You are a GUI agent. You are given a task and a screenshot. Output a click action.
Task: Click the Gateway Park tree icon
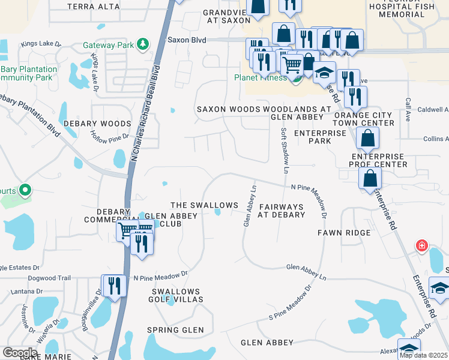pyautogui.click(x=142, y=44)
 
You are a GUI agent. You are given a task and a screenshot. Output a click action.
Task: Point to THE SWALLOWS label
pyautogui.click(x=204, y=206)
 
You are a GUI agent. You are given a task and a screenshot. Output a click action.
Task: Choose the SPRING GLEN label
pyautogui.click(x=175, y=330)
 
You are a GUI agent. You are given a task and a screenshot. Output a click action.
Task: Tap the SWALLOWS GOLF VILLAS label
pyautogui.click(x=175, y=295)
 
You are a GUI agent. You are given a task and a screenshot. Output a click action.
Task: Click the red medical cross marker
pyautogui.click(x=422, y=246)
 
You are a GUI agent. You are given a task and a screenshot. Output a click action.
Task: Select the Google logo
pyautogui.click(x=20, y=352)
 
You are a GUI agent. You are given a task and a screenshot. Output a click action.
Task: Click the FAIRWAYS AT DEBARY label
pyautogui.click(x=281, y=210)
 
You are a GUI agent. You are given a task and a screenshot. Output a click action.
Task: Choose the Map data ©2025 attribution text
pyautogui.click(x=423, y=355)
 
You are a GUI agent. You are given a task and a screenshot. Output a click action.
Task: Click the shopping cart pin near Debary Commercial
pyautogui.click(x=127, y=230)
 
